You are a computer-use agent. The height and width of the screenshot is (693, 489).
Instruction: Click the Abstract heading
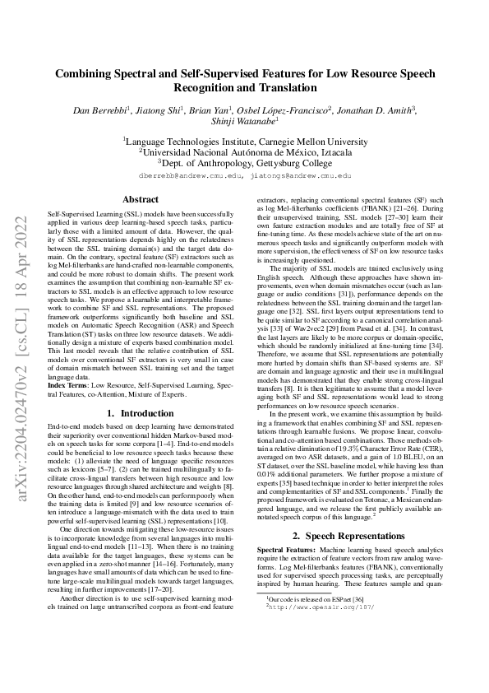click(141, 199)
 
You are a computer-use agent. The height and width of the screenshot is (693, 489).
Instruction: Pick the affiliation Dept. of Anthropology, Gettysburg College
click(245, 163)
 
